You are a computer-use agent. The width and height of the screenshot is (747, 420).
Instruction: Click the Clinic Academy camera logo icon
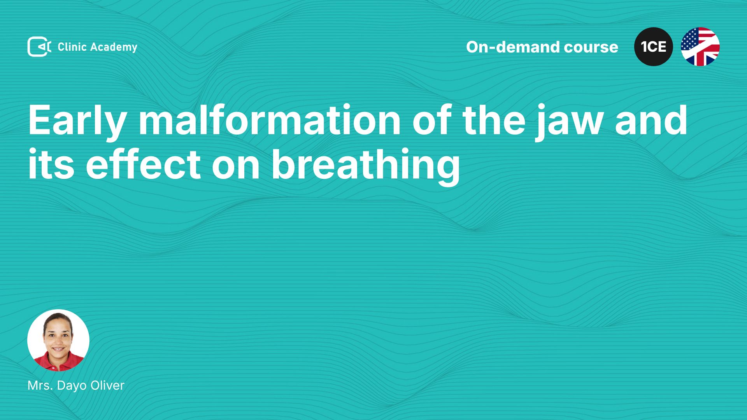[x=39, y=47]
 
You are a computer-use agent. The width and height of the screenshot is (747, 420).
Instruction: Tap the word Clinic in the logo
[x=72, y=47]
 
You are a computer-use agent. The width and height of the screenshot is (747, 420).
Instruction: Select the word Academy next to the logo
[x=114, y=47]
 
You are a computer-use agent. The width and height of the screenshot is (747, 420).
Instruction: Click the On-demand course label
[x=542, y=47]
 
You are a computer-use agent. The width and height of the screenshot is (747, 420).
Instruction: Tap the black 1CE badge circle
[x=654, y=47]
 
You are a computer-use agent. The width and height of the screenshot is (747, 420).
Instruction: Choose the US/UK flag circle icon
[x=700, y=47]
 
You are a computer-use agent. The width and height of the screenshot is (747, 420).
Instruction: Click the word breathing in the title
[x=366, y=166]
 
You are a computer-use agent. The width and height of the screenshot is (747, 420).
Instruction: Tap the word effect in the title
[x=143, y=164]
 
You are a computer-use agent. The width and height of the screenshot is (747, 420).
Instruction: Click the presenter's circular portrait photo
[x=58, y=340]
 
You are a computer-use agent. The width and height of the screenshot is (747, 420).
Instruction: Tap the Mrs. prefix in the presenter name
[x=40, y=385]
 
